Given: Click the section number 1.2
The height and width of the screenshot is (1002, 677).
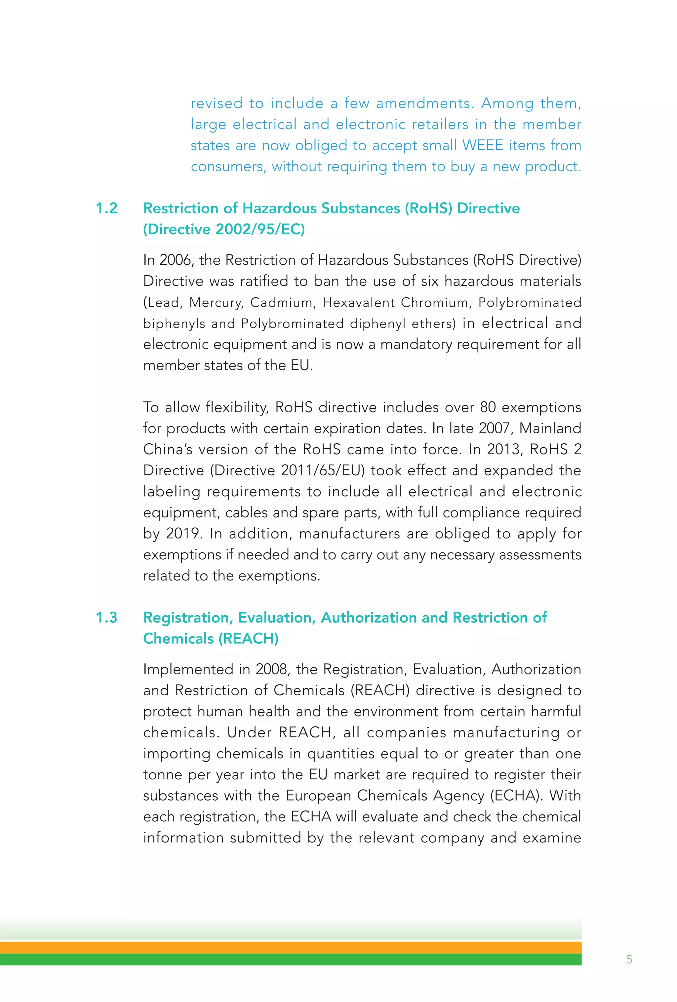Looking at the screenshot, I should (106, 208).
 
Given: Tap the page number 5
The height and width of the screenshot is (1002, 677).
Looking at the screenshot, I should (629, 960).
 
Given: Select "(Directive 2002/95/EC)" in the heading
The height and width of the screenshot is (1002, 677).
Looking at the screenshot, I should (224, 229).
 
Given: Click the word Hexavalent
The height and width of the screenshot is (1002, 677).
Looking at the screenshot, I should (359, 303).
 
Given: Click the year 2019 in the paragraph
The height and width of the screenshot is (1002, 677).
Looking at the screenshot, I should (184, 534).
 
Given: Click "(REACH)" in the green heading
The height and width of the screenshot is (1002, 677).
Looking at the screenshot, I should (248, 638).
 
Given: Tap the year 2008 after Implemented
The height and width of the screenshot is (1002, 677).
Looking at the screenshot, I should (272, 669).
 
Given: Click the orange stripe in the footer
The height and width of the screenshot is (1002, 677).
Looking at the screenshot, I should (291, 947).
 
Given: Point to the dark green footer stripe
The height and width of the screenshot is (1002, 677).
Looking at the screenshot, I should (291, 959).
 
